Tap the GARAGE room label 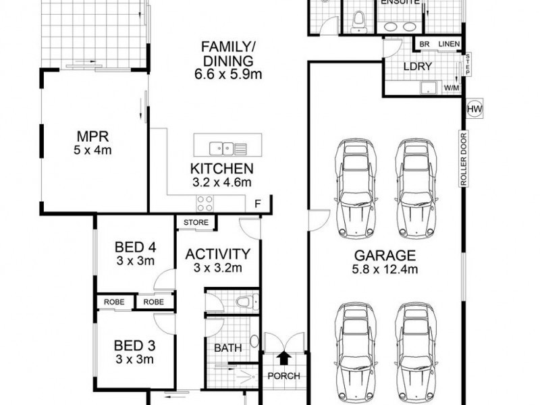381,256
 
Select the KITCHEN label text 221,169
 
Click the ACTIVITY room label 218,254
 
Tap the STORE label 196,222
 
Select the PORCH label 284,376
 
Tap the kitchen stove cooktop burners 205,203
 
